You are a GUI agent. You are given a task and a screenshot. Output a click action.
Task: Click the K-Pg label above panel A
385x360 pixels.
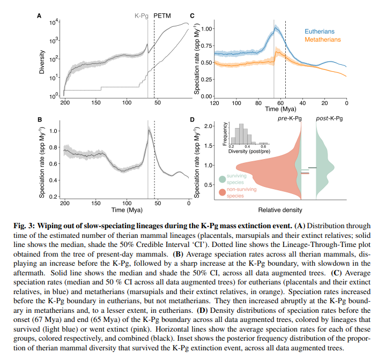pyautogui.click(x=142, y=16)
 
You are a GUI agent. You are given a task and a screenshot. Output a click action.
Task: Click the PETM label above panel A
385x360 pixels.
pyautogui.click(x=162, y=16)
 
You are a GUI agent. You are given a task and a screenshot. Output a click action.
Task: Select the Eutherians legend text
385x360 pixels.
pyautogui.click(x=320, y=32)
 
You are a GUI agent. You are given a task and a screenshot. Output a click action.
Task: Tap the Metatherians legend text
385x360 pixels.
pyautogui.click(x=323, y=40)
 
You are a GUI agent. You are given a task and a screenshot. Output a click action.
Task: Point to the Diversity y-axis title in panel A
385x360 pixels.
pyautogui.click(x=42, y=62)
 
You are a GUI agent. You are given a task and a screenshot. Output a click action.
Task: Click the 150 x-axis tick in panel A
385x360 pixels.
pyautogui.click(x=96, y=102)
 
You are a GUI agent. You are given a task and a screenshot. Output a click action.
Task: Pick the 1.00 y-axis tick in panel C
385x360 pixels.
pyautogui.click(x=206, y=29)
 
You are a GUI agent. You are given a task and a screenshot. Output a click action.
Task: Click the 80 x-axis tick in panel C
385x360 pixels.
pyautogui.click(x=258, y=103)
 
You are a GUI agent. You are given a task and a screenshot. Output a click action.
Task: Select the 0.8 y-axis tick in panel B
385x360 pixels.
pyautogui.click(x=53, y=147)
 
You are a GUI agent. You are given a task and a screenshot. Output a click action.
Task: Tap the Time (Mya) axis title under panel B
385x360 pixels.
pyautogui.click(x=127, y=210)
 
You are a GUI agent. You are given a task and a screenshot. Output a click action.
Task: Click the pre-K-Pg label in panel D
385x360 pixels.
pyautogui.click(x=290, y=118)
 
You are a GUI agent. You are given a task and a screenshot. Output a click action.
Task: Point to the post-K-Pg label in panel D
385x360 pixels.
pyautogui.click(x=329, y=118)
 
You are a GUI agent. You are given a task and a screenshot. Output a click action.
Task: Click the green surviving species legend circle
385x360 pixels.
pyautogui.click(x=223, y=179)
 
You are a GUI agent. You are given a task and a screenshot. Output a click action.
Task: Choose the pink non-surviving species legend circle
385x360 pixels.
pyautogui.click(x=223, y=192)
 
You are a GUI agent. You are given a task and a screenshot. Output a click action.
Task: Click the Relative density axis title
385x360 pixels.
pyautogui.click(x=280, y=210)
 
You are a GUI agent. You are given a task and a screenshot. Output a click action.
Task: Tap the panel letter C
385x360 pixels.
pyautogui.click(x=192, y=16)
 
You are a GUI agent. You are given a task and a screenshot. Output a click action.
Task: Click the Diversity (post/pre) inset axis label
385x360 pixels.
pyautogui.click(x=249, y=151)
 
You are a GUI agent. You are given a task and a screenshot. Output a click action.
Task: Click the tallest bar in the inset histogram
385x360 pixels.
pyautogui.click(x=241, y=134)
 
